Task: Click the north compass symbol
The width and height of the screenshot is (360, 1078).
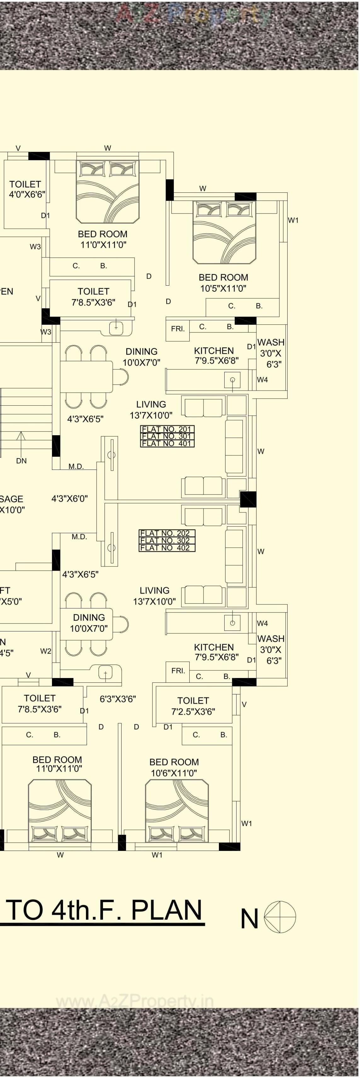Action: pyautogui.click(x=280, y=917)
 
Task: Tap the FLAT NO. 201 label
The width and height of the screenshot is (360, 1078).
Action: pyautogui.click(x=167, y=429)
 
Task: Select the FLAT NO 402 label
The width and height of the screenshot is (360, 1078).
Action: pyautogui.click(x=167, y=548)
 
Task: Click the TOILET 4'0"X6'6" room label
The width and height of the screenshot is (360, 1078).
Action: pyautogui.click(x=26, y=189)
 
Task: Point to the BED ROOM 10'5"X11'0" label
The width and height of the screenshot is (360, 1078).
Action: pyautogui.click(x=223, y=282)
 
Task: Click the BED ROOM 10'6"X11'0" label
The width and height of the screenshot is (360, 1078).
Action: pyautogui.click(x=174, y=767)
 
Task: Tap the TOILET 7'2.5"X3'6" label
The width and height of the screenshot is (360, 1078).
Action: pyautogui.click(x=193, y=706)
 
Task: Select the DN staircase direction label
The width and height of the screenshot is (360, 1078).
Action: pyautogui.click(x=21, y=461)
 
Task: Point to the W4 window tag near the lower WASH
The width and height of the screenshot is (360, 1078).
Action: pyautogui.click(x=262, y=623)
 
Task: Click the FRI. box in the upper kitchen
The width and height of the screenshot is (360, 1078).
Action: pyautogui.click(x=178, y=329)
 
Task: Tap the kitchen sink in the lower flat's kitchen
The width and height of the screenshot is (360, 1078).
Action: pyautogui.click(x=232, y=623)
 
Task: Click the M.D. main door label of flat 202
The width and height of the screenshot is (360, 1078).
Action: pyautogui.click(x=79, y=537)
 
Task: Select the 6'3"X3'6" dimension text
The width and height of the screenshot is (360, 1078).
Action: pyautogui.click(x=117, y=699)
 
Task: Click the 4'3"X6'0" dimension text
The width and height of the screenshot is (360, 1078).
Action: pyautogui.click(x=70, y=499)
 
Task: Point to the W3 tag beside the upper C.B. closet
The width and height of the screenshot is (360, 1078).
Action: pyautogui.click(x=35, y=247)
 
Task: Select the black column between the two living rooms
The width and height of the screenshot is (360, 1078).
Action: pyautogui.click(x=248, y=499)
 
